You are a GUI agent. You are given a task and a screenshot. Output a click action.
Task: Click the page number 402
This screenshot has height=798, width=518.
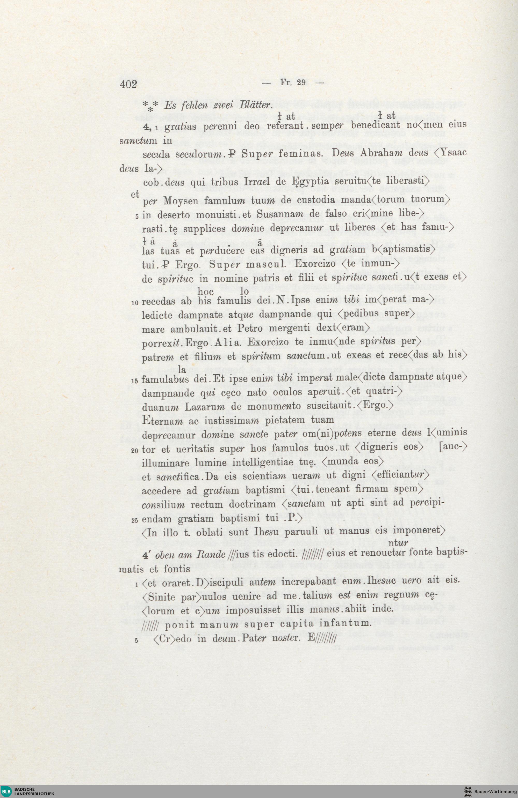pyautogui.click(x=128, y=84)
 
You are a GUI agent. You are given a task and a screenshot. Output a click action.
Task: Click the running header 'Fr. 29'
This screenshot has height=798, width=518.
pyautogui.click(x=292, y=83)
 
